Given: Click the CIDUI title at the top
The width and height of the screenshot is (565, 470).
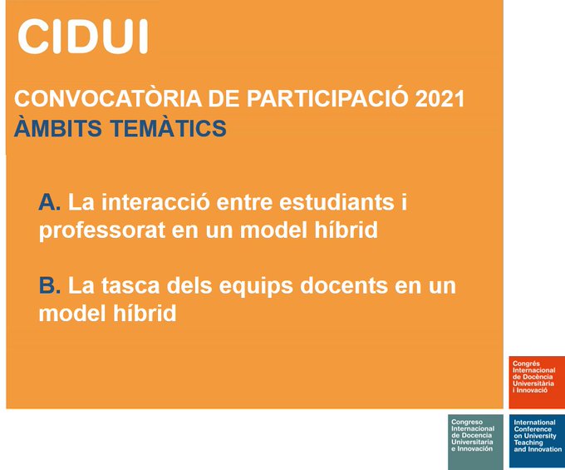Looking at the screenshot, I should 82,36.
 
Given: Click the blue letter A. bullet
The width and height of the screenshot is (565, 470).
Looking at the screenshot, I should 50,202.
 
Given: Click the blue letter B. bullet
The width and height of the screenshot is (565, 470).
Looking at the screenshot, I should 50,286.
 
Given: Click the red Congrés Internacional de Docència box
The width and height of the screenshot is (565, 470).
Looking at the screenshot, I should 537,382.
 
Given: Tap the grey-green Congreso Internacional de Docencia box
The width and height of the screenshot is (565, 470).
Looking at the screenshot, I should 475,438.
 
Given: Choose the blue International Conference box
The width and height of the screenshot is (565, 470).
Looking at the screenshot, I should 537,438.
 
